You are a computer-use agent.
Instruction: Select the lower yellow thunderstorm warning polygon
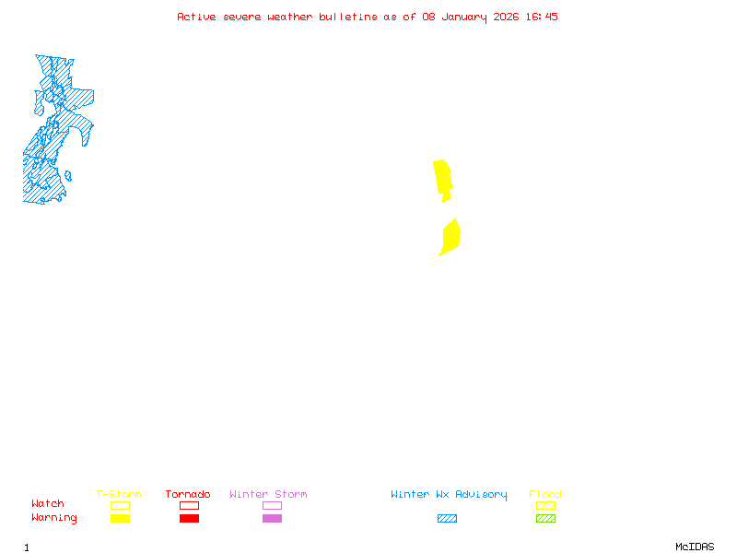pos(450,237)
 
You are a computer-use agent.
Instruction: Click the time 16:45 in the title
pos(542,17)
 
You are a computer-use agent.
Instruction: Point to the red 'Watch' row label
pos(48,504)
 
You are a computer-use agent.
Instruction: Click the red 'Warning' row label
pos(54,518)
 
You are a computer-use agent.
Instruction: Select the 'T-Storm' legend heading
pos(119,494)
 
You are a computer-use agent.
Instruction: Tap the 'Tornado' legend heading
pos(188,494)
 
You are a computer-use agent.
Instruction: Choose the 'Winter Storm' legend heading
pos(268,494)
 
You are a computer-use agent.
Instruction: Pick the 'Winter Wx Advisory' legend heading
pos(449,494)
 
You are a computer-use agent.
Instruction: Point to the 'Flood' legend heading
pos(545,494)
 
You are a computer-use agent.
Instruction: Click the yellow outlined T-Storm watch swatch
pos(120,505)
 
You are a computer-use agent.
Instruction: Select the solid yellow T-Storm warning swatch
pos(120,518)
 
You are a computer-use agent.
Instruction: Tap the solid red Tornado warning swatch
pos(189,518)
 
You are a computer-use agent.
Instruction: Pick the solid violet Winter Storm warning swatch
pos(272,518)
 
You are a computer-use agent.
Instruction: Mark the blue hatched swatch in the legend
pos(447,518)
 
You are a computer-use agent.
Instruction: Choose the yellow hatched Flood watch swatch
pos(545,505)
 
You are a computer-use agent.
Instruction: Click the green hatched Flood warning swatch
pos(545,518)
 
